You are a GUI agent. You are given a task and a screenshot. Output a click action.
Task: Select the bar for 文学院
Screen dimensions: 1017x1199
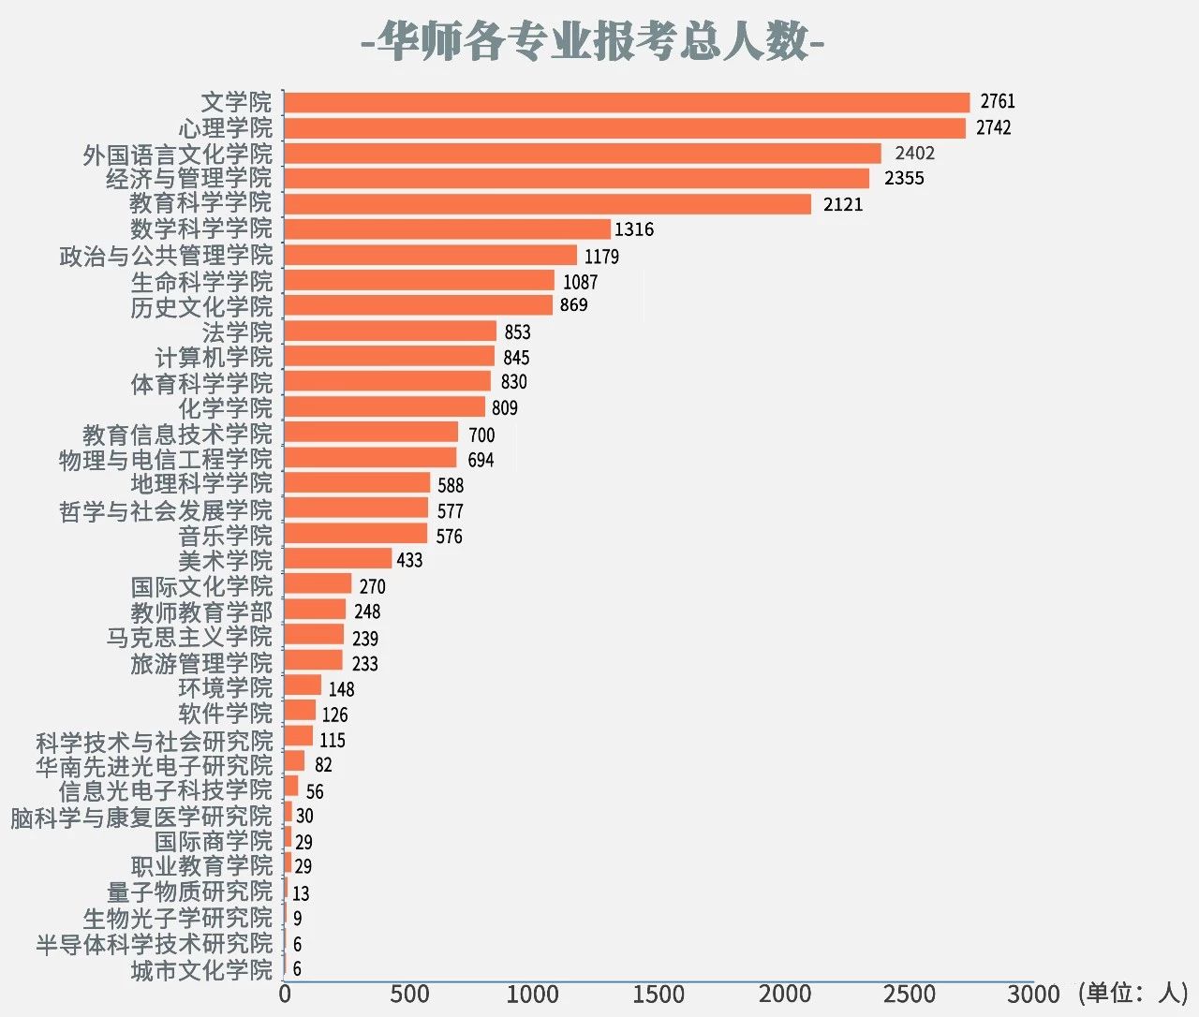(x=626, y=102)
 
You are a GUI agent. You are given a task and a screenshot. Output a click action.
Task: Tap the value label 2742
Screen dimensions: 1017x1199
(x=993, y=127)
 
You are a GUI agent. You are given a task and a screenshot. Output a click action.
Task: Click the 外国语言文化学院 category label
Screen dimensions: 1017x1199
(x=178, y=154)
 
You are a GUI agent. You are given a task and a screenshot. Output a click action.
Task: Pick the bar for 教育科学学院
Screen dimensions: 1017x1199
(x=547, y=204)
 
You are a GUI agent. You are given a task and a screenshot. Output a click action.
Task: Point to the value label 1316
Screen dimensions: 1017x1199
(x=634, y=229)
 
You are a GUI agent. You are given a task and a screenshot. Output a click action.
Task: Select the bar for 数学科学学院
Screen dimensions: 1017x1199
(x=447, y=229)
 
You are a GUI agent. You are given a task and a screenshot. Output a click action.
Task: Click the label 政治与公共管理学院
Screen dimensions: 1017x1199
(x=166, y=256)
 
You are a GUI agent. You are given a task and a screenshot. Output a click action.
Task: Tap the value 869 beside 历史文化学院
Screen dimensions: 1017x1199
(x=573, y=305)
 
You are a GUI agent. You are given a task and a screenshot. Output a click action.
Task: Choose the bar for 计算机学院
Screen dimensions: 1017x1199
(x=389, y=357)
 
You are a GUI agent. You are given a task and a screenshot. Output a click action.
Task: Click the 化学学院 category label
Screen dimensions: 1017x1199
(x=225, y=408)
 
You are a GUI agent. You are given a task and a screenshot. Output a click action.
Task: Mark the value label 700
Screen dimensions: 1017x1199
(x=481, y=435)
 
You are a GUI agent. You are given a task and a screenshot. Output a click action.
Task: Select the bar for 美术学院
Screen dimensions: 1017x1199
(x=337, y=559)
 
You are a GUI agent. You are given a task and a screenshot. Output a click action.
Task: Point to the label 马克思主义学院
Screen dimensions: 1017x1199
(x=189, y=638)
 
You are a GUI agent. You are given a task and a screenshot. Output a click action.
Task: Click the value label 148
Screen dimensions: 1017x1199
(x=341, y=689)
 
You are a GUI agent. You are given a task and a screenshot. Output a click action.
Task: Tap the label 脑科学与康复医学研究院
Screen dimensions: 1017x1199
(x=141, y=817)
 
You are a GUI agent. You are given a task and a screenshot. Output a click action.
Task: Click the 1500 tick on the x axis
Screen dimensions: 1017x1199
(x=659, y=995)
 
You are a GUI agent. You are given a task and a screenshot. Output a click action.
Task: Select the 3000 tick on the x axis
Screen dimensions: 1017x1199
(x=1033, y=995)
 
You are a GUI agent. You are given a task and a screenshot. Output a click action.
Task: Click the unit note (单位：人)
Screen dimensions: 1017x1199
(x=1132, y=993)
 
